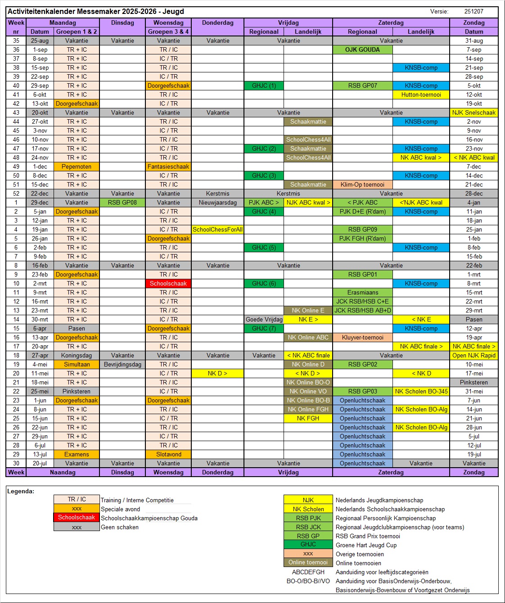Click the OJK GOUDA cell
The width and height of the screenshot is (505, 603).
point(362,49)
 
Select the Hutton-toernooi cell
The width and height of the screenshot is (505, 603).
point(421,94)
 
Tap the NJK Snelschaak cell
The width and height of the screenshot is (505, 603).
point(474,112)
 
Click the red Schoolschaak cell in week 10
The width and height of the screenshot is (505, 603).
point(168,283)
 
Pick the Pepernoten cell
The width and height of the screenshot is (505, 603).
point(77,166)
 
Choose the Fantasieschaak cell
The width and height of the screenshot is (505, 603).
point(168,166)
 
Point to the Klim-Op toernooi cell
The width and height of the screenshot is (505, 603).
point(362,184)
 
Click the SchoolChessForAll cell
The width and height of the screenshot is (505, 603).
point(217,229)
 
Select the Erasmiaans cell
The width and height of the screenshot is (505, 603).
point(362,292)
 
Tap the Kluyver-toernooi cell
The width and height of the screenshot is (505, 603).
point(362,337)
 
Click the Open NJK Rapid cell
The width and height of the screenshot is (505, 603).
point(474,355)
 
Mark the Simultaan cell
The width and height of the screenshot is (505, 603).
point(77,364)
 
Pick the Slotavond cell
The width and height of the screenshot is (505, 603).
point(168,454)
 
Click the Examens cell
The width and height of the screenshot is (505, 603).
point(77,454)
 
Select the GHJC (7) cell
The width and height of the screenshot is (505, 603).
point(264,328)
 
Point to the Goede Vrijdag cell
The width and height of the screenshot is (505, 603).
point(264,319)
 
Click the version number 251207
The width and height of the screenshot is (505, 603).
point(474,11)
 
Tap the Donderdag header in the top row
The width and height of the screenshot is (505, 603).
point(217,22)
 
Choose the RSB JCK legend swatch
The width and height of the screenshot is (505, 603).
point(308,527)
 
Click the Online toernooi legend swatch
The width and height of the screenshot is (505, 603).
point(308,562)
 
